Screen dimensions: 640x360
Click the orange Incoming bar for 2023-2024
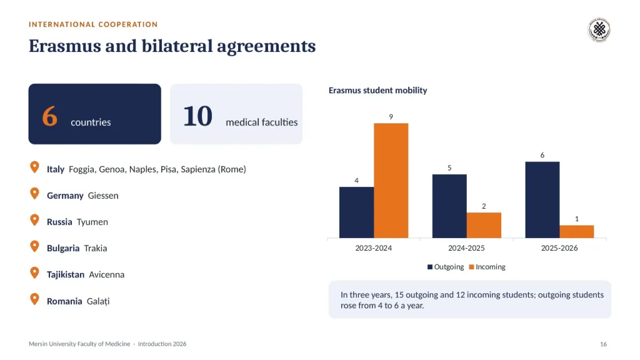[x=391, y=181]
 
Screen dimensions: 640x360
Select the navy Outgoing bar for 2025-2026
[x=542, y=199]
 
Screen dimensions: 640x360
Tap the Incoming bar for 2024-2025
[x=484, y=225]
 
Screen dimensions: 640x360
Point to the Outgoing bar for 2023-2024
[x=356, y=212]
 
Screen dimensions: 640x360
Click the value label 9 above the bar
[x=391, y=117]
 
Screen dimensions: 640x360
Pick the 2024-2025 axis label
[x=466, y=247]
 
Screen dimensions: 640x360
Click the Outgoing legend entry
[x=445, y=267]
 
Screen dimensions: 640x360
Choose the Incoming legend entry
[x=487, y=267]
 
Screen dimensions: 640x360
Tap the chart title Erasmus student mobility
[x=377, y=90]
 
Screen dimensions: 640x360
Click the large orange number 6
[x=49, y=116]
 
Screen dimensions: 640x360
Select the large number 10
[x=197, y=116]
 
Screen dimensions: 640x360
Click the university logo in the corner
[x=599, y=30]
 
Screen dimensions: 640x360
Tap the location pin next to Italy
[x=35, y=167]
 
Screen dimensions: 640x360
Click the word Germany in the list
[x=65, y=196]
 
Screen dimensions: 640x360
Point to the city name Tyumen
[x=92, y=222]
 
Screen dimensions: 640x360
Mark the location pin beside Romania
[x=35, y=299]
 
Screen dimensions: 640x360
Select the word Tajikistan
[x=65, y=275]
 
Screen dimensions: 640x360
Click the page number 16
[x=603, y=344]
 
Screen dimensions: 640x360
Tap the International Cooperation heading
[x=93, y=24]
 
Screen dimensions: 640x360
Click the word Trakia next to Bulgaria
[x=96, y=248]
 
